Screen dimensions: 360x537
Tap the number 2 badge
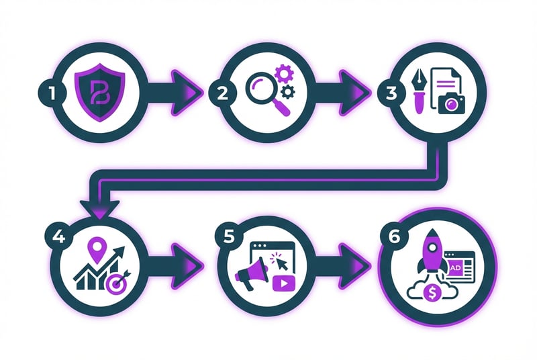[x=217, y=91]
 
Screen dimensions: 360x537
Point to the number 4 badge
[x=57, y=237]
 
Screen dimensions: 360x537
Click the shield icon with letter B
[x=101, y=89]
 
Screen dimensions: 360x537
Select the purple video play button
[x=284, y=283]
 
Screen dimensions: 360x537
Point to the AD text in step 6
[x=456, y=267]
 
